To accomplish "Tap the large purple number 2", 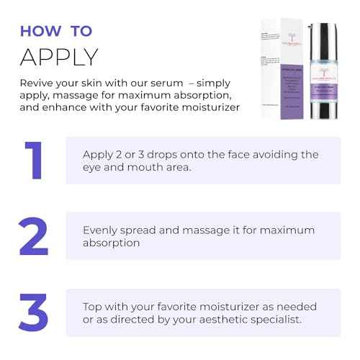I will (x=33, y=236).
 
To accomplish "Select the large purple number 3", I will (x=33, y=311).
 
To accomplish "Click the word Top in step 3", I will (x=93, y=307).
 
